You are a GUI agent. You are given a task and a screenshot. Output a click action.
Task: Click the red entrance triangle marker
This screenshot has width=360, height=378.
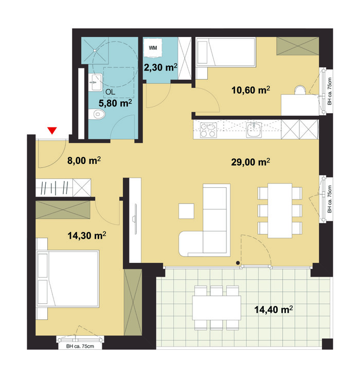click(x=52, y=131)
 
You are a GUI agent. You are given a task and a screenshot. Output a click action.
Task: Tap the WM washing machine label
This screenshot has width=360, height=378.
click(x=153, y=48)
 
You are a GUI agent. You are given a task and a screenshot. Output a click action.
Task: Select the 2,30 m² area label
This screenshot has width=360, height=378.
click(x=160, y=67)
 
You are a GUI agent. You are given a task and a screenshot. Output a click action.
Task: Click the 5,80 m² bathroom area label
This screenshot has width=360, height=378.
click(x=115, y=103)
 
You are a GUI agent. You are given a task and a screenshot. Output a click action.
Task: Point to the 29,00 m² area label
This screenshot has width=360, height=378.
click(x=250, y=162)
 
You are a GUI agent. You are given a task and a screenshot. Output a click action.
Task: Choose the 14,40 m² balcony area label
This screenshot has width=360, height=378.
click(x=274, y=309)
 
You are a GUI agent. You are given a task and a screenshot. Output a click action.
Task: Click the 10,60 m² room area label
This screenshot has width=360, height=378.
click(x=250, y=90)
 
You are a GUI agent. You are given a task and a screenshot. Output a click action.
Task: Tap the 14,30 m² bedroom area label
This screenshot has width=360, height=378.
click(x=86, y=236)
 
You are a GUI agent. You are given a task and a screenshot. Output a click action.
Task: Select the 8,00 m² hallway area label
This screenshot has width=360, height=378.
click(x=84, y=160)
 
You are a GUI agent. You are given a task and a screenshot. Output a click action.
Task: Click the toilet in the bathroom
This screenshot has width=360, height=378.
click(x=97, y=114)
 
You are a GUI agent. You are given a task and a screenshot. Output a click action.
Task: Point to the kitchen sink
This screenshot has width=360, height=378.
click(x=254, y=130)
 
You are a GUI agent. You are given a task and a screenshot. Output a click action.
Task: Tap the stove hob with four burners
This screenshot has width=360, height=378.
click(x=208, y=130)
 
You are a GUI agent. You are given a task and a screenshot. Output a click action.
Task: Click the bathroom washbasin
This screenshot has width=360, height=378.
click(x=95, y=82)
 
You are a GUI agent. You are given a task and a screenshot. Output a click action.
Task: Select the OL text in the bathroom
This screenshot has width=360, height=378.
click(x=110, y=92)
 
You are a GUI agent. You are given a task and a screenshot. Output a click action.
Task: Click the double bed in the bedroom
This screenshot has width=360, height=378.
click(x=67, y=279)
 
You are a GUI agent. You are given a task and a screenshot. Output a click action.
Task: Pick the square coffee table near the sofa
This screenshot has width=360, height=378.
click(x=186, y=211)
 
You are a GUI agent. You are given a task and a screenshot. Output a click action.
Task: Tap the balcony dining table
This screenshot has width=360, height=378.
click(x=217, y=308)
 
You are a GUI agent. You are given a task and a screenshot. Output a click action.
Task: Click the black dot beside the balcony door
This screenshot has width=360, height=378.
click(x=238, y=263)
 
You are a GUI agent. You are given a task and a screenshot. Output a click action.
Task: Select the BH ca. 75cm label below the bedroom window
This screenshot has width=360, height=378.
click(x=80, y=346)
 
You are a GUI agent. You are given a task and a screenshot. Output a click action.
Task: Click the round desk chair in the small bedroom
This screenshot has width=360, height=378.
click(x=300, y=89)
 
